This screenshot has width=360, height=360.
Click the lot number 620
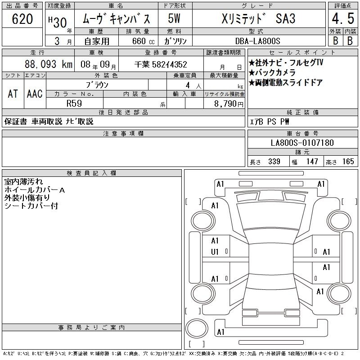click(22, 19)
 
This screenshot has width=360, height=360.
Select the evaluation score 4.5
click(343, 18)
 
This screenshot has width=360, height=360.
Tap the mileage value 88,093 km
click(49, 64)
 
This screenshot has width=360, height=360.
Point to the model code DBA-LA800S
click(257, 41)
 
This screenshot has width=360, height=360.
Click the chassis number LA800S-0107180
click(302, 143)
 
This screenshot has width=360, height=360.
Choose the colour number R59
click(74, 103)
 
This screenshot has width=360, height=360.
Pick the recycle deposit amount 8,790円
click(229, 104)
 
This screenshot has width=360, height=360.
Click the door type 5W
click(174, 18)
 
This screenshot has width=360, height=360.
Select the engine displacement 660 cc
click(143, 41)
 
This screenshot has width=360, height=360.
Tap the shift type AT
click(13, 94)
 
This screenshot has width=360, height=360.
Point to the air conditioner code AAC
click(35, 94)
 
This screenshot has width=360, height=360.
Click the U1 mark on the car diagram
click(215, 252)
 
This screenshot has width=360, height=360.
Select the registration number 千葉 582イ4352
click(161, 64)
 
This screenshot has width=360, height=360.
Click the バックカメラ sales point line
click(272, 72)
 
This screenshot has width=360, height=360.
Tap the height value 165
click(348, 162)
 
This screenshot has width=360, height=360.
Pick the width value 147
click(312, 162)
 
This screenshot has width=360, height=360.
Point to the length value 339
click(274, 162)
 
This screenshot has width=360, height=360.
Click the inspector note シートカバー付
click(31, 206)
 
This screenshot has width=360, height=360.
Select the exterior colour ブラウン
click(97, 85)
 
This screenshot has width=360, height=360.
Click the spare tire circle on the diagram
click(197, 328)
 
